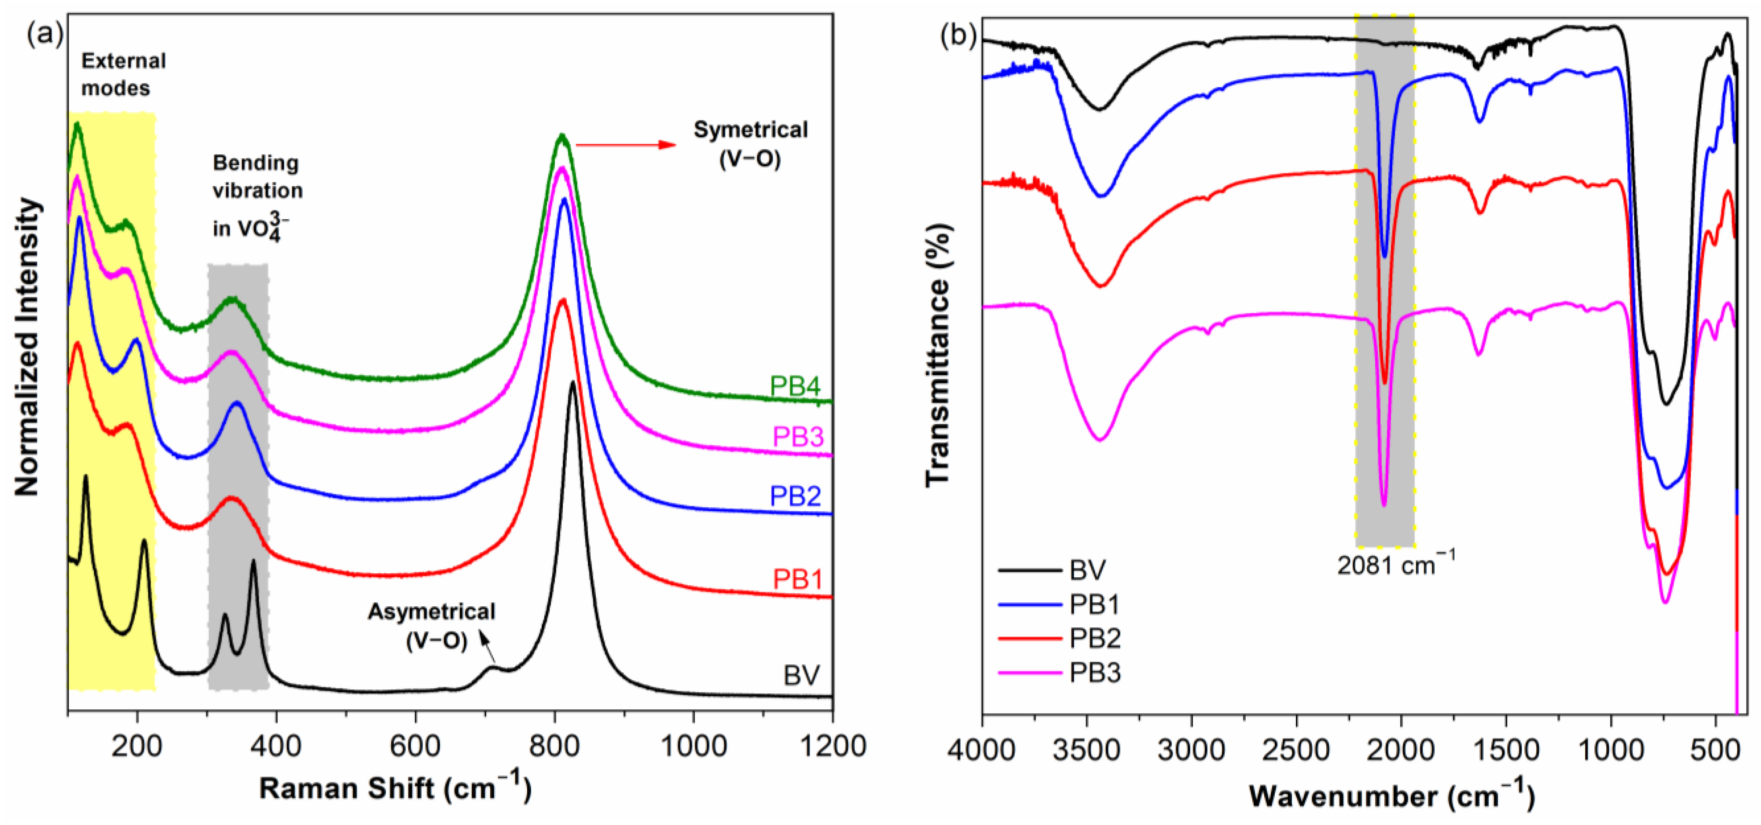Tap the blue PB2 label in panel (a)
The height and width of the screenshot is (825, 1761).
[x=795, y=495]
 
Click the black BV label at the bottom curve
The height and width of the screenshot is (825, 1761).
[x=801, y=675]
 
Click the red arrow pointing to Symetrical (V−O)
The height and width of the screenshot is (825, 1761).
[x=626, y=145]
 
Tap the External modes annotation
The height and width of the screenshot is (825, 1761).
[x=123, y=74]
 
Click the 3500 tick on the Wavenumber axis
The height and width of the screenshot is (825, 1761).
[x=1086, y=750]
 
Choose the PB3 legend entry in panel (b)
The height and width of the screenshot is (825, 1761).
[x=1094, y=673]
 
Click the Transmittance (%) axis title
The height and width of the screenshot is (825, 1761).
[x=939, y=356]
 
